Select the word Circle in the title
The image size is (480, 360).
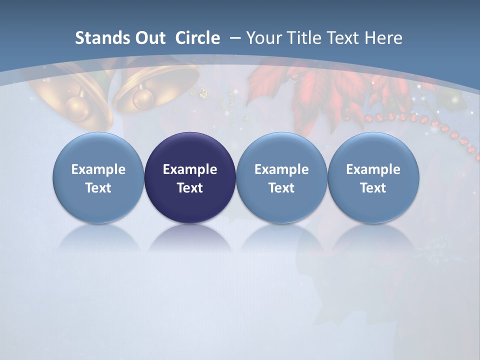197,38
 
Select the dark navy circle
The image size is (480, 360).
190,177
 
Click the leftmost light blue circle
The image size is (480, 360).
98,177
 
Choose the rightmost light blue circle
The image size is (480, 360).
373,177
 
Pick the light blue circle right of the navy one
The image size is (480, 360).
281,177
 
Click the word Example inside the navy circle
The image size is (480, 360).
190,169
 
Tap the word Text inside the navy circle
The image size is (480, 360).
190,188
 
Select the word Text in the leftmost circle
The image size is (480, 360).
98,188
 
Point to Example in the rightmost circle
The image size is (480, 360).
373,169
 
